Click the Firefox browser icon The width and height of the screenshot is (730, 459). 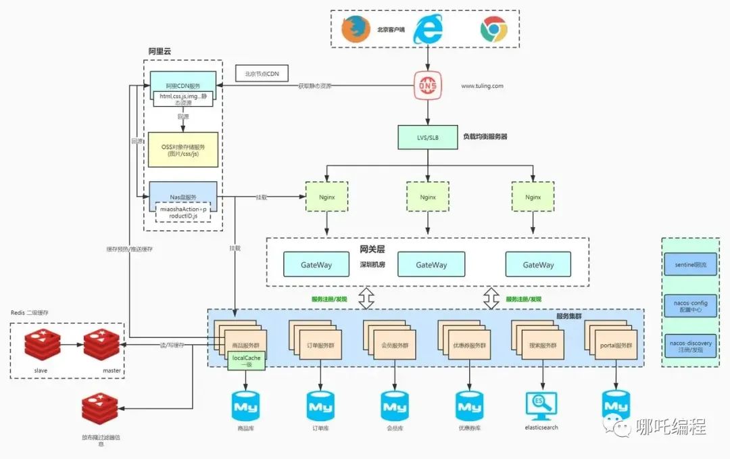coord(356,30)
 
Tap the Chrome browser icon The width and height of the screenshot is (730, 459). coord(493,29)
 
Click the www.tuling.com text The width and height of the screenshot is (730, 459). coord(482,87)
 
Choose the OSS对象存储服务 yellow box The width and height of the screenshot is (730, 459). coord(183,149)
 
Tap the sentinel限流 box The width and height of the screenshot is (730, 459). coord(689,265)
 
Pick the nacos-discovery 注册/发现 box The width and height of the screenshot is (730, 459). coord(689,347)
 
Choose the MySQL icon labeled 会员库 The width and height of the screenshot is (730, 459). coord(393,406)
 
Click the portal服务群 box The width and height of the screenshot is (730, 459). coord(616,345)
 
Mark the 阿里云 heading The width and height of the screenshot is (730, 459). coord(161,51)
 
